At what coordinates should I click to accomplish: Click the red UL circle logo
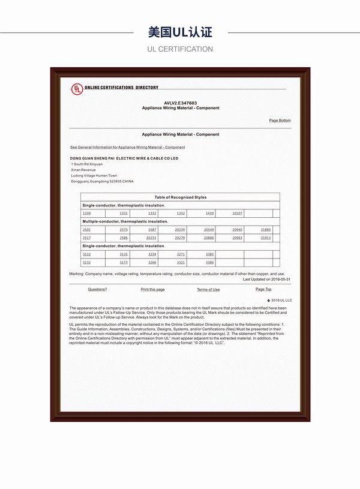click(x=77, y=89)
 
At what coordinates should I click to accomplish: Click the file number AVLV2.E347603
click(x=180, y=103)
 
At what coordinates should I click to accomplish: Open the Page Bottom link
click(x=280, y=121)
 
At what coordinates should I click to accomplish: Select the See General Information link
click(x=128, y=147)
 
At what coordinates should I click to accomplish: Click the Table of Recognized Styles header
click(x=180, y=197)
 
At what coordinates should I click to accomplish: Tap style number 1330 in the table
click(x=86, y=214)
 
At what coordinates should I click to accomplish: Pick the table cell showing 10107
click(x=237, y=214)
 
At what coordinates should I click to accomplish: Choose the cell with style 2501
click(x=86, y=230)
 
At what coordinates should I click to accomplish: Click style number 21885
click(x=266, y=230)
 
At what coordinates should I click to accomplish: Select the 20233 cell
click(x=151, y=238)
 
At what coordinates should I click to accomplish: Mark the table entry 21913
click(x=266, y=238)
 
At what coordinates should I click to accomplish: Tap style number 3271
click(x=181, y=254)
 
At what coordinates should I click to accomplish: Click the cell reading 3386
click(x=209, y=263)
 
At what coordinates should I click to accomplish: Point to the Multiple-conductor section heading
click(x=125, y=221)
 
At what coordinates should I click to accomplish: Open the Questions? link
click(x=97, y=289)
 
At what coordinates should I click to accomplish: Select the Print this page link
click(x=152, y=289)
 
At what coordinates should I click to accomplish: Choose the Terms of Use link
click(x=208, y=289)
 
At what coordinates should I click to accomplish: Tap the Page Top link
click(x=263, y=289)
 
